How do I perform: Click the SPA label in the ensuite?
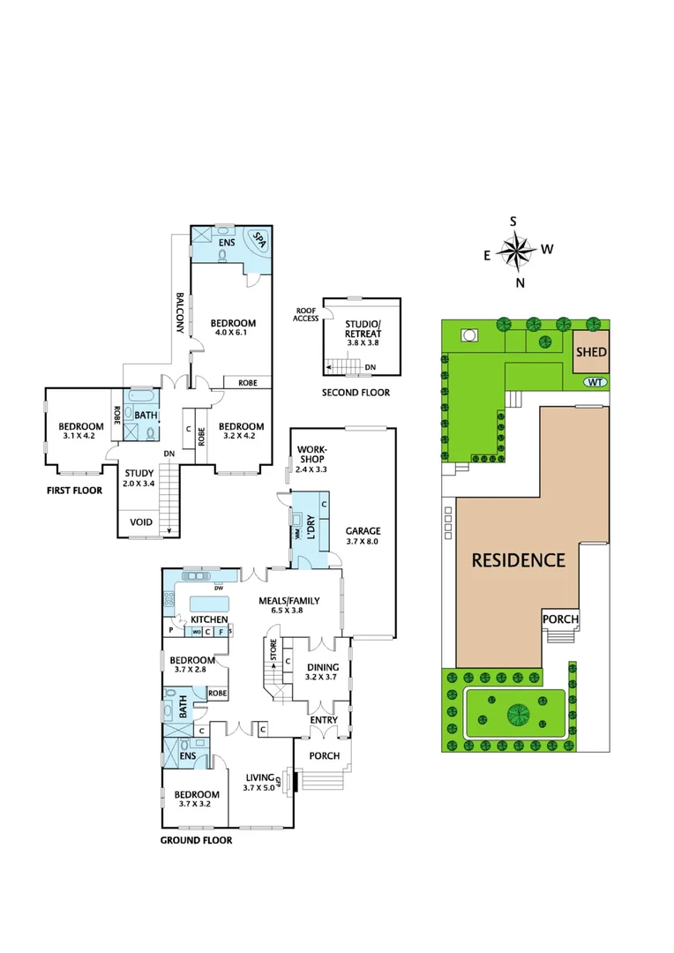click(x=260, y=239)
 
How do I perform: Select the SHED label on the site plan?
click(x=590, y=352)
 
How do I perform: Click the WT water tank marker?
click(x=595, y=382)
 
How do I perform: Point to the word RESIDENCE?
click(x=518, y=559)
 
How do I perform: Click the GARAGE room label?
click(x=363, y=531)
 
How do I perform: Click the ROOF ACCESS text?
click(x=307, y=315)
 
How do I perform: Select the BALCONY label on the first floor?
click(x=179, y=312)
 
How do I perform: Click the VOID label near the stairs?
click(x=141, y=522)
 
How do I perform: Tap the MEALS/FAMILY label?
click(x=288, y=601)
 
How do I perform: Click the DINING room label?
click(x=321, y=667)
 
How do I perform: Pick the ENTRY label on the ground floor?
click(x=324, y=720)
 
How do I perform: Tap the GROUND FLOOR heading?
click(x=196, y=840)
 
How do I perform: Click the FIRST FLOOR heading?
click(x=74, y=491)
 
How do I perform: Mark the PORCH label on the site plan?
click(x=560, y=619)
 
